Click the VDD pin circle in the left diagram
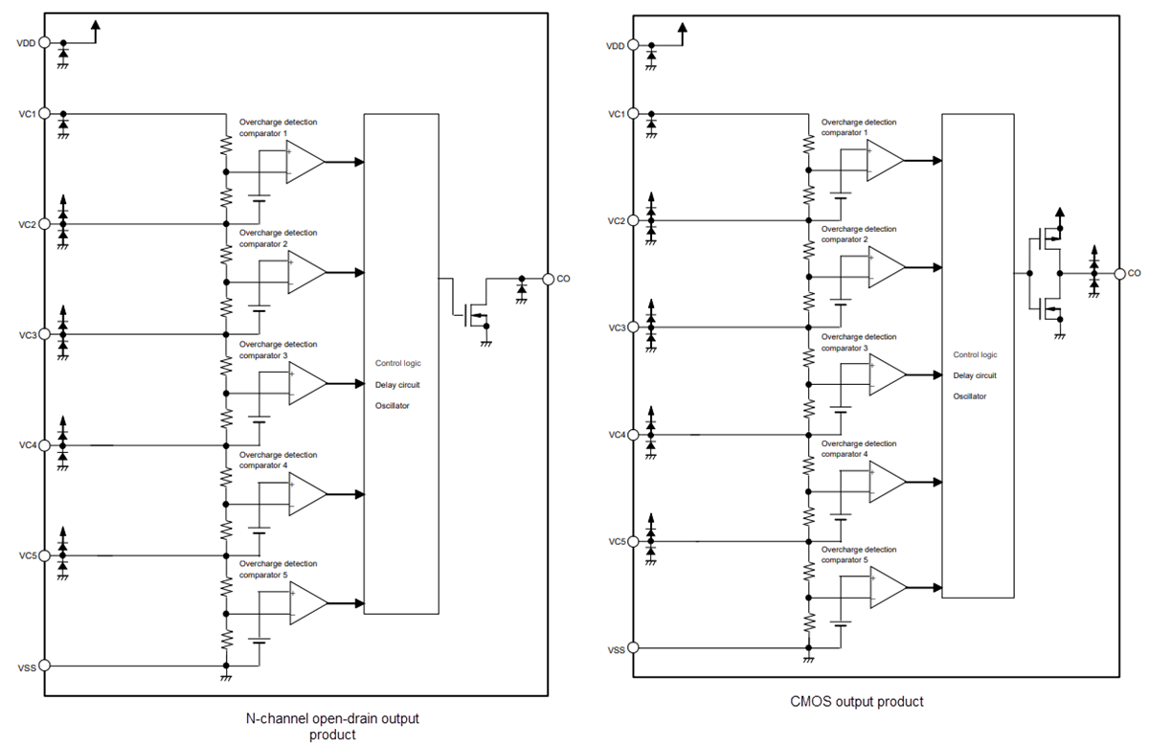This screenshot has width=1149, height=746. [44, 42]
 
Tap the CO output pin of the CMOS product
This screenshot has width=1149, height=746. [1120, 273]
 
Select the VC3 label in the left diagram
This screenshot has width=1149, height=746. [26, 334]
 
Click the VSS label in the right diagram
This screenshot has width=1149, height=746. [617, 649]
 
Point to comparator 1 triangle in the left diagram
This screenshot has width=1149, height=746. [305, 162]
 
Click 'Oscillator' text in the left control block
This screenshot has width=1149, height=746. [393, 406]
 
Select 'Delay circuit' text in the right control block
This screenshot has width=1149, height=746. [975, 375]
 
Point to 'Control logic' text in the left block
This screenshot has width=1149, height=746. [398, 363]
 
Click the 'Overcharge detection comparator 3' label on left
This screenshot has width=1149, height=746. [278, 350]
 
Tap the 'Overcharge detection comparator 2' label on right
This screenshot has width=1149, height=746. [859, 235]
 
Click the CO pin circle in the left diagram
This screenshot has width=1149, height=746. [548, 279]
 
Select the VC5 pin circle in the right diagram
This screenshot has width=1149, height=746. [633, 541]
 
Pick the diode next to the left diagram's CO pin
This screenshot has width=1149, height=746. [521, 287]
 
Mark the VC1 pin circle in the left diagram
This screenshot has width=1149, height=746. [44, 113]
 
